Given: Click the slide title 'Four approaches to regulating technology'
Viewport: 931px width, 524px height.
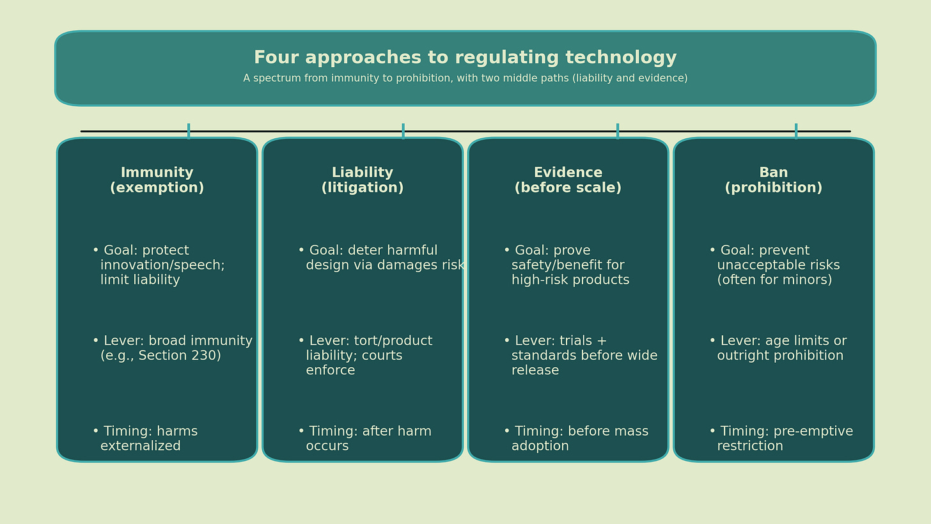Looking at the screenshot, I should point(465,58).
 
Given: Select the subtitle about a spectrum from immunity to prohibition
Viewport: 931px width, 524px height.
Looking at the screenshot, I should point(465,79).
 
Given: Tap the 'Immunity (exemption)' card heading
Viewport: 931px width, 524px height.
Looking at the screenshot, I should point(157,180).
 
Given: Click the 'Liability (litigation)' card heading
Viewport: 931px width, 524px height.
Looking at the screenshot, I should point(362,180).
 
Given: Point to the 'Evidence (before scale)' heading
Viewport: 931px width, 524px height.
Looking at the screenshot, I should point(568,180).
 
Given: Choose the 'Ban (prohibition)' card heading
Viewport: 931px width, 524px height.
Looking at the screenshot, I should point(773,180).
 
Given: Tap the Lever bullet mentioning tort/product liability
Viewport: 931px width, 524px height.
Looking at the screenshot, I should point(364,356).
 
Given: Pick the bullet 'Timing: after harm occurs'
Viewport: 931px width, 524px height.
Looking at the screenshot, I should point(364,439).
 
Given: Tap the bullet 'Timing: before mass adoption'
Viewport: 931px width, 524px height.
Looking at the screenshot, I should point(575,439).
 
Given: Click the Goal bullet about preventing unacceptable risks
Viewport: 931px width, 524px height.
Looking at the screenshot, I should point(774,266).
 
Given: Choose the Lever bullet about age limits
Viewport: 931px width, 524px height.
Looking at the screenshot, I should point(777,349).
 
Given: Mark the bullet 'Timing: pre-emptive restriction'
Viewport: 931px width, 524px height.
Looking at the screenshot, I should point(780,439).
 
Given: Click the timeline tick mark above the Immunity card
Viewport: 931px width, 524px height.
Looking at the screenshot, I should point(189,131).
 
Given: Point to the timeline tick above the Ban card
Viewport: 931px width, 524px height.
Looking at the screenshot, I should point(796,131).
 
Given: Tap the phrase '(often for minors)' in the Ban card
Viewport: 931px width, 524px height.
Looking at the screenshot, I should point(774,280).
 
